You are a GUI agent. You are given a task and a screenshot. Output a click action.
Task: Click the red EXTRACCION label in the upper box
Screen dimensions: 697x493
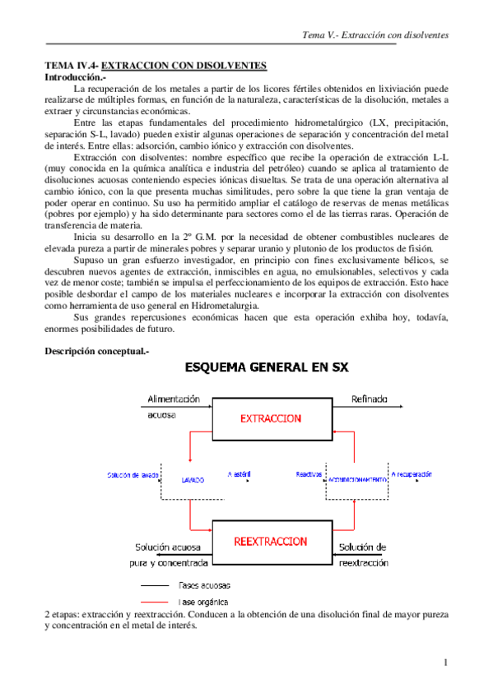pyautogui.click(x=270, y=418)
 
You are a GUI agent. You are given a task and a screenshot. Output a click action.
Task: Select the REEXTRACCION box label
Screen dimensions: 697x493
pyautogui.click(x=270, y=542)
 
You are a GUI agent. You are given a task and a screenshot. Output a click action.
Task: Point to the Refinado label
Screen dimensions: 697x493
pyautogui.click(x=369, y=399)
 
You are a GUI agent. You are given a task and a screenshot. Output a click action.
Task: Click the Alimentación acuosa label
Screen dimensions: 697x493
pyautogui.click(x=173, y=406)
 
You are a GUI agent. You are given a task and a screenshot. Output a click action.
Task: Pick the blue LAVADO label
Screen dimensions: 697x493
pyautogui.click(x=193, y=477)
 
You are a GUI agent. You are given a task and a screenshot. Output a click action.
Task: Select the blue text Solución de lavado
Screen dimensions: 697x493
pyautogui.click(x=133, y=476)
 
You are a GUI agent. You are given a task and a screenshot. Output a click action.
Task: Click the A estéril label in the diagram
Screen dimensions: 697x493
pyautogui.click(x=240, y=475)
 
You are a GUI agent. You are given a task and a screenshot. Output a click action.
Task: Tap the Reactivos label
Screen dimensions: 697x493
pyautogui.click(x=309, y=475)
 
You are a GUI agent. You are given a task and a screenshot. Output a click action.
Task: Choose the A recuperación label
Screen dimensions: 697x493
pyautogui.click(x=411, y=475)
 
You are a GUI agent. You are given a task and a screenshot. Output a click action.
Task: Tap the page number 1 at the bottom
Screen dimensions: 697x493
pyautogui.click(x=445, y=662)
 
